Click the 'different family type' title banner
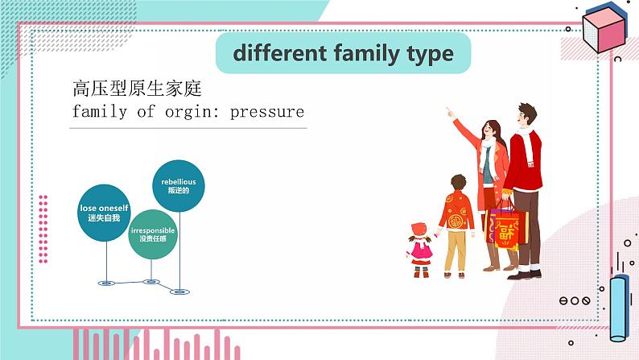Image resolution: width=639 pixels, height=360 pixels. (x=343, y=54)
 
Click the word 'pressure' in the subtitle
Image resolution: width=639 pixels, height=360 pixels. (x=267, y=111)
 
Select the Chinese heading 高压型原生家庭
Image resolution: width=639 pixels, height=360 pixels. (x=136, y=88)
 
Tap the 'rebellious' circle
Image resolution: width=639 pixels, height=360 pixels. (x=178, y=186)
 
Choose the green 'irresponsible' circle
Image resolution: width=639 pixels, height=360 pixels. (x=152, y=234)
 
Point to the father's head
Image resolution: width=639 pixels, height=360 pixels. (x=526, y=114)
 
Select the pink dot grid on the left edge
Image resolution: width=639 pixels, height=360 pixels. (x=43, y=229)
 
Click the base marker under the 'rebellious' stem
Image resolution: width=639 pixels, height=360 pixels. (x=178, y=292)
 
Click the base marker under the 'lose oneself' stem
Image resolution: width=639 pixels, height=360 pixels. (x=105, y=283)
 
